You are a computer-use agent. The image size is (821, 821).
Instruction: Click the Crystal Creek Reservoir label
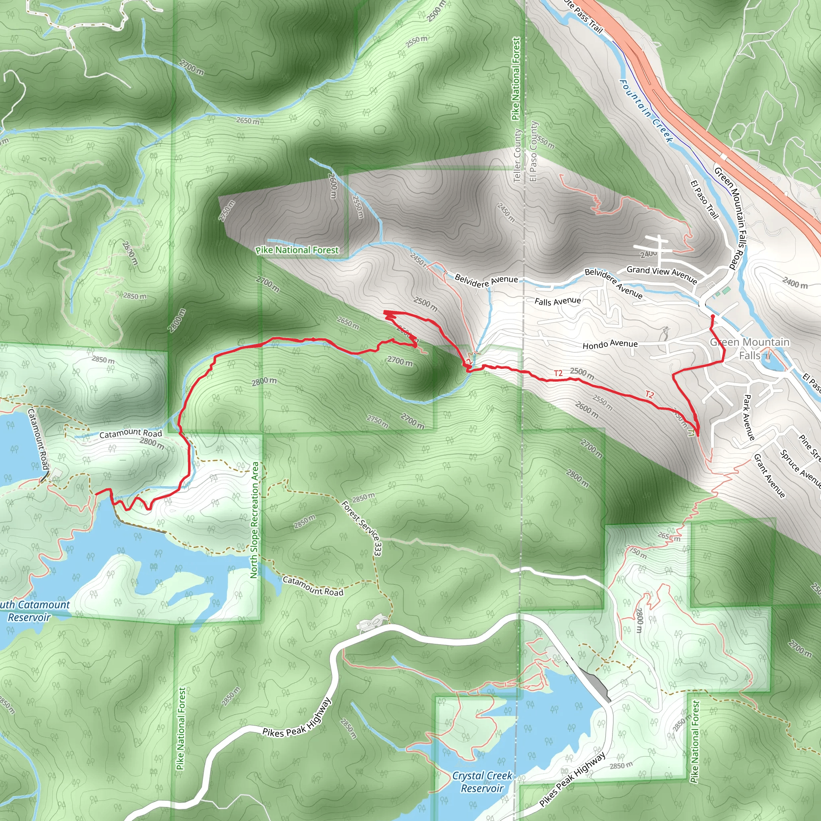482,782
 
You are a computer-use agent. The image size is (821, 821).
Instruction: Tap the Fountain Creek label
646,111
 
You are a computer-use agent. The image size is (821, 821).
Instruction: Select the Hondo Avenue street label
610,345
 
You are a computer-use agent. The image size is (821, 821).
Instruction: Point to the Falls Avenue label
558,301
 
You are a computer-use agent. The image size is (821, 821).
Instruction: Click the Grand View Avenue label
661,274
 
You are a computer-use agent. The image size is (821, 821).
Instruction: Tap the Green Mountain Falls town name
750,348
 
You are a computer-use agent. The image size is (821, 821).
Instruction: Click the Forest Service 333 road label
362,528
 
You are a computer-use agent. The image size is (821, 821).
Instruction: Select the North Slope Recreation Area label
254,520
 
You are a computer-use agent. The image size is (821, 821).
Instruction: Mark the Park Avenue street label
749,417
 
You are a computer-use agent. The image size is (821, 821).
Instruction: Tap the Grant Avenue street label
769,475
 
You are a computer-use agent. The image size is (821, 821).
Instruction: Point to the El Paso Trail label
704,199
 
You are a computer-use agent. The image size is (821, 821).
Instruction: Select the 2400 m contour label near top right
795,283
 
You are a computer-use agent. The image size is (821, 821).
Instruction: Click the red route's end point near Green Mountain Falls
712,316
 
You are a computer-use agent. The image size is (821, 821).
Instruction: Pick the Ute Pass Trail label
584,16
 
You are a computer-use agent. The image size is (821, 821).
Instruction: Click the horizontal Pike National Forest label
297,250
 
